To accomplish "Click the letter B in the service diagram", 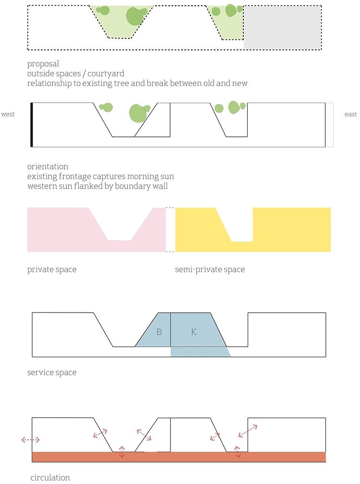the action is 159,332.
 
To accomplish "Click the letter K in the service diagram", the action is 193,332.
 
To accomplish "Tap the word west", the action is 8,114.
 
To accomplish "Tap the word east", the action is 350,114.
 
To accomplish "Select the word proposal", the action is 43,64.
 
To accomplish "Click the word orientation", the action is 48,166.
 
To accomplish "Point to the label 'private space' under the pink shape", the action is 52,269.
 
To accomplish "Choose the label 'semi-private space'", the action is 210,269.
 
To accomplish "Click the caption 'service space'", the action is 52,373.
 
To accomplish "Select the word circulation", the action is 50,477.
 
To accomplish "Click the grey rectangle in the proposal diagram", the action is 282,28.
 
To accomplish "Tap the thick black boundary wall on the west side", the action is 32,125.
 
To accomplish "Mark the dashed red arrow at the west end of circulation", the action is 31,440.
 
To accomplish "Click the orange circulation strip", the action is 179,457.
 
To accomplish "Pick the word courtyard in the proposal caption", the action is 106,74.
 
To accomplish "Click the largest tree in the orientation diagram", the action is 137,113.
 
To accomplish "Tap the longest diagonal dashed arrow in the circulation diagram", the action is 248,431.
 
